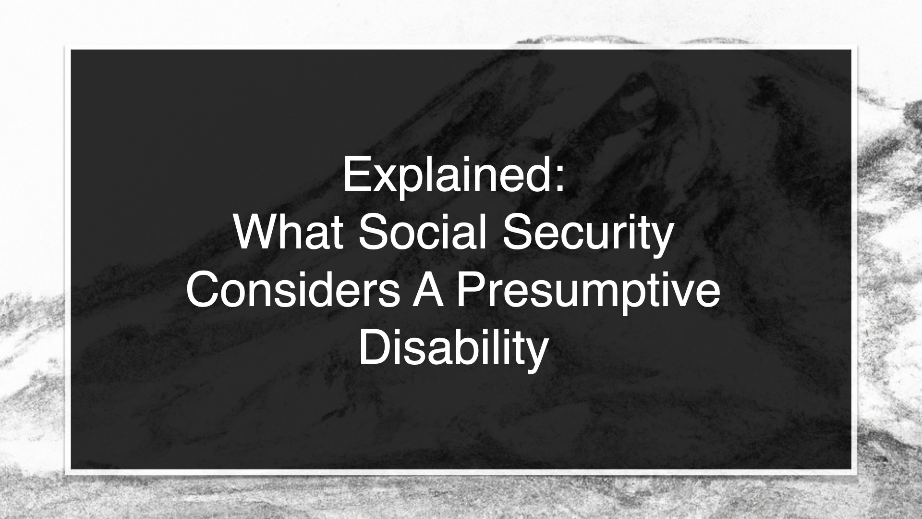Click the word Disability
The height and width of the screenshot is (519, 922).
[x=453, y=350]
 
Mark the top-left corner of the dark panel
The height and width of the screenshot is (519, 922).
[x=71, y=49]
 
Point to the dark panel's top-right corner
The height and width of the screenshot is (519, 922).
[x=851, y=49]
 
